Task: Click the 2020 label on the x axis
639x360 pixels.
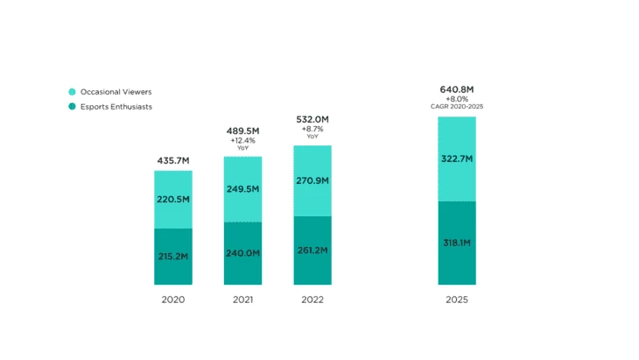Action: click(173, 300)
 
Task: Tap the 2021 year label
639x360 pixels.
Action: click(242, 300)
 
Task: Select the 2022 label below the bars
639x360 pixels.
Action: click(312, 300)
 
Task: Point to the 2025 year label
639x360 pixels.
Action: click(457, 300)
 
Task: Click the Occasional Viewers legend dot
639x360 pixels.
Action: click(72, 91)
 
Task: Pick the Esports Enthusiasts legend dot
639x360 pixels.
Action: click(72, 107)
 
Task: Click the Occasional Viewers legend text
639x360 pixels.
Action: click(116, 91)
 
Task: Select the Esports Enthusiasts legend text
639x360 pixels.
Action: click(119, 107)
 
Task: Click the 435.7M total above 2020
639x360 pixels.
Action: click(173, 161)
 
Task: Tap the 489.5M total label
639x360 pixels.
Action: click(242, 131)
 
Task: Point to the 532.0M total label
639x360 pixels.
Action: click(312, 119)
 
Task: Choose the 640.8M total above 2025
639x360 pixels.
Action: click(457, 89)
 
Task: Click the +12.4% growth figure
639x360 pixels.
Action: click(242, 140)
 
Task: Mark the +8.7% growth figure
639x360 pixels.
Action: click(312, 129)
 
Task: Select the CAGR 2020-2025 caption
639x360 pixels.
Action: click(457, 107)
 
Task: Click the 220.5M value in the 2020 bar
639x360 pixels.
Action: click(173, 200)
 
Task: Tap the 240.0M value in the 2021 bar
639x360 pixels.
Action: click(242, 252)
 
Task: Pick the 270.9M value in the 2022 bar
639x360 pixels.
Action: click(312, 180)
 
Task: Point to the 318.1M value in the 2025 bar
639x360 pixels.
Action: click(457, 243)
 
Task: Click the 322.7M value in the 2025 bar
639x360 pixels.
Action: click(457, 159)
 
